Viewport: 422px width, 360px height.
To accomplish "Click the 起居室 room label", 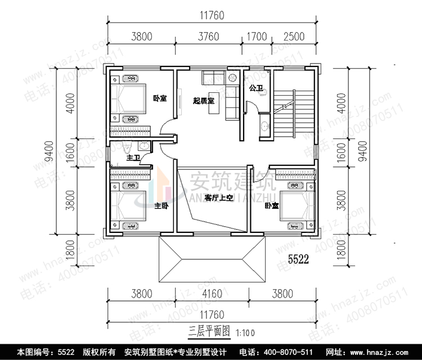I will pos(203,101).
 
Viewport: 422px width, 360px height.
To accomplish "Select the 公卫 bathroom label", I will pos(257,88).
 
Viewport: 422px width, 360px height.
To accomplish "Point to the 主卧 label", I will pos(161,206).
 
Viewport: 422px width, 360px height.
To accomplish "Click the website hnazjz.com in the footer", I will pos(388,352).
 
